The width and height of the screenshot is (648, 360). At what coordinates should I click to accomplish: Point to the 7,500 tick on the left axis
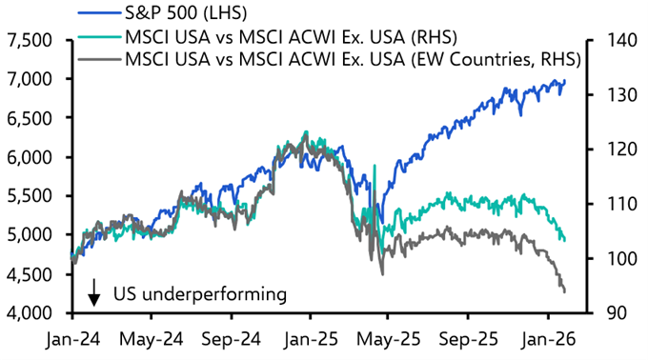click(30, 41)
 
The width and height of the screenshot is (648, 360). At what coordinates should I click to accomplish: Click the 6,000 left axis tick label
click(30, 157)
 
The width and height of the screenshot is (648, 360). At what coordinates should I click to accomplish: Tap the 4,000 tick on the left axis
click(30, 313)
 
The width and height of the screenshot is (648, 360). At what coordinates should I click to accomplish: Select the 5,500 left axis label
click(30, 196)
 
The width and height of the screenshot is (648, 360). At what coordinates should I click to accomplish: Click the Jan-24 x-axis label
click(72, 339)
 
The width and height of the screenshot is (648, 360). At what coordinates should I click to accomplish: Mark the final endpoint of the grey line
click(565, 291)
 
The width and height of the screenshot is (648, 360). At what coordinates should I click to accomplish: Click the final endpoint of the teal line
click(565, 240)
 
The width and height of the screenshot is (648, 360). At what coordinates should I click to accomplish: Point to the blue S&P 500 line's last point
click(565, 81)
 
